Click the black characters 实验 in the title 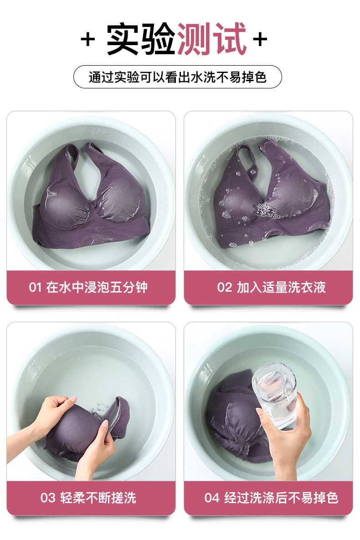141,39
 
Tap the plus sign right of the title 260,39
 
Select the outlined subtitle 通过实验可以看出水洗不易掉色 178,77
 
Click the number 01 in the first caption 35,287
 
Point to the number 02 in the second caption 224,287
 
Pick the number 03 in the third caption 48,498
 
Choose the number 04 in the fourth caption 212,498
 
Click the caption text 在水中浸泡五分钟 97,287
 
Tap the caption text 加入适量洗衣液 281,287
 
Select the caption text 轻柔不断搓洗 98,498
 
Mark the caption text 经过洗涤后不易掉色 282,498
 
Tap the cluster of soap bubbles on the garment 263,208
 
